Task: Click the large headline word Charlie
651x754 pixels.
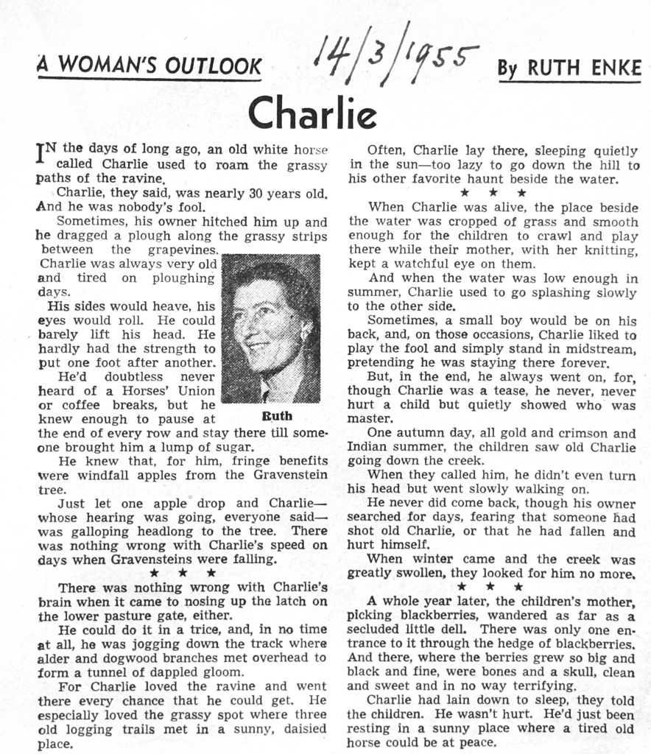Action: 312,112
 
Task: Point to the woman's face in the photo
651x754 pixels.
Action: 266,325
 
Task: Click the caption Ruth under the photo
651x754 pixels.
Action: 277,416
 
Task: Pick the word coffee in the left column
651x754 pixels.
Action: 80,405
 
